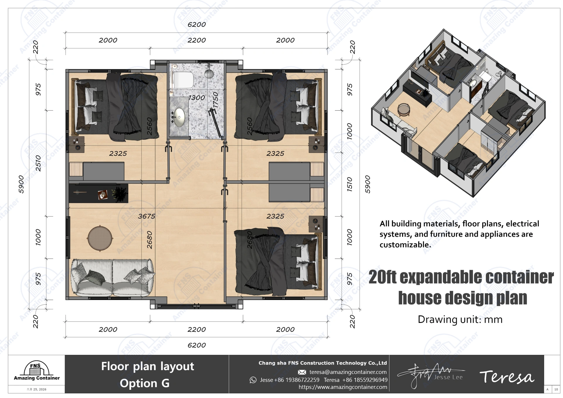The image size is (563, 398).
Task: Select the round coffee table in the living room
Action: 100,238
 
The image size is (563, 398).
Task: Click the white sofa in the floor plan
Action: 112,277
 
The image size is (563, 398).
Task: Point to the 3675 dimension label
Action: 146,216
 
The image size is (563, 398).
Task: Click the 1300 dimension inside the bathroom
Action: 196,98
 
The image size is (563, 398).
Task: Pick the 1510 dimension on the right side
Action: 350,184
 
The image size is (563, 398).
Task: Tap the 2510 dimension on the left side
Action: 38,163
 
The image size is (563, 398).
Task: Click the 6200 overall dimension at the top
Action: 196,25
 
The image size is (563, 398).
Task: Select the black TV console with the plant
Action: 99,193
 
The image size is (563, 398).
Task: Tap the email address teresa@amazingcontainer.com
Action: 348,372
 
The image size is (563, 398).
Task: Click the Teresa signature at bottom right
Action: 506,377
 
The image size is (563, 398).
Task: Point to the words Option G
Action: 145,383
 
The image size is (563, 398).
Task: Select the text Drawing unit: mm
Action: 460,319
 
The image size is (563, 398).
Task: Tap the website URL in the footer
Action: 342,387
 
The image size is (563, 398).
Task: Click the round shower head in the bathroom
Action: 209,73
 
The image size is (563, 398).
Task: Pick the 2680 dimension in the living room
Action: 150,240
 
